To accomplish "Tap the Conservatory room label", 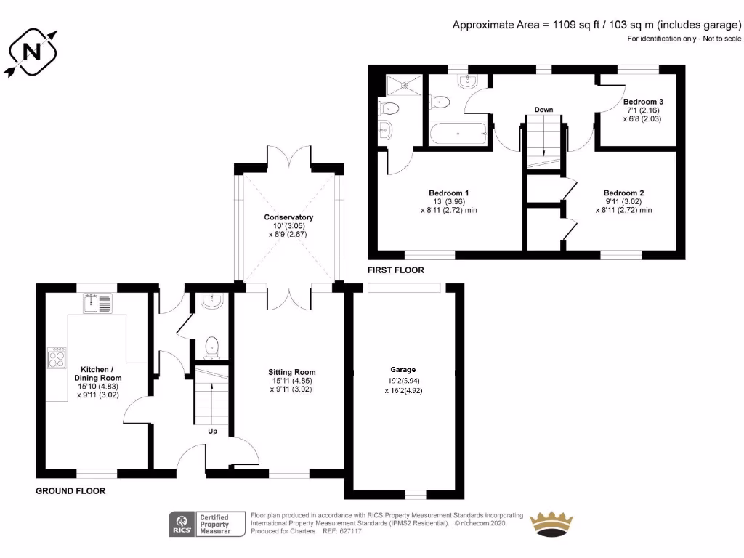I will click(288, 217).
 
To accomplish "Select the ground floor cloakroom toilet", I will click(211, 347).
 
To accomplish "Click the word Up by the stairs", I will click(213, 431).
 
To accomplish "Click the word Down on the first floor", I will click(543, 110).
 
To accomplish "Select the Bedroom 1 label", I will click(448, 193).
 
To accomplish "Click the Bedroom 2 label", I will click(623, 193).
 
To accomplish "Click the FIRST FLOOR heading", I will click(395, 270).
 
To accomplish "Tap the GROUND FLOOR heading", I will click(70, 491).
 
